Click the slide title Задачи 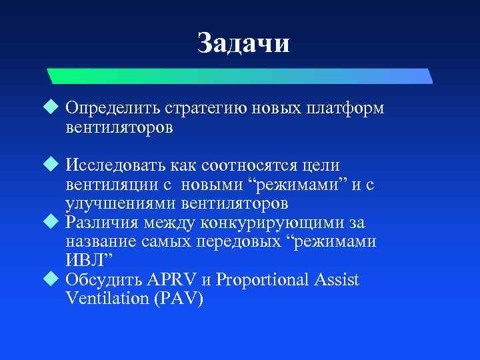[243, 44]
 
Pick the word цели [320, 165]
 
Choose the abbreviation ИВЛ [85, 260]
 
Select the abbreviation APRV [172, 279]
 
